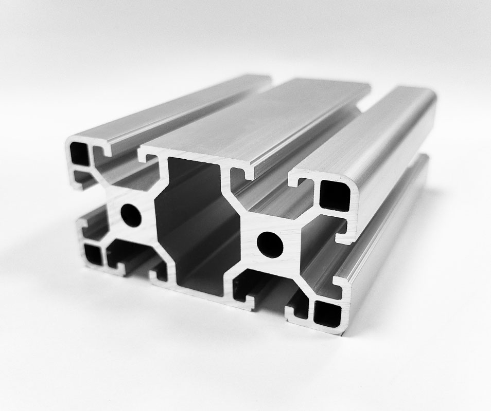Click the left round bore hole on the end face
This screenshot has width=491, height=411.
[x=133, y=215]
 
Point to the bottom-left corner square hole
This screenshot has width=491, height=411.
[x=93, y=254]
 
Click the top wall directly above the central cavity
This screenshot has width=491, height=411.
[x=190, y=154]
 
